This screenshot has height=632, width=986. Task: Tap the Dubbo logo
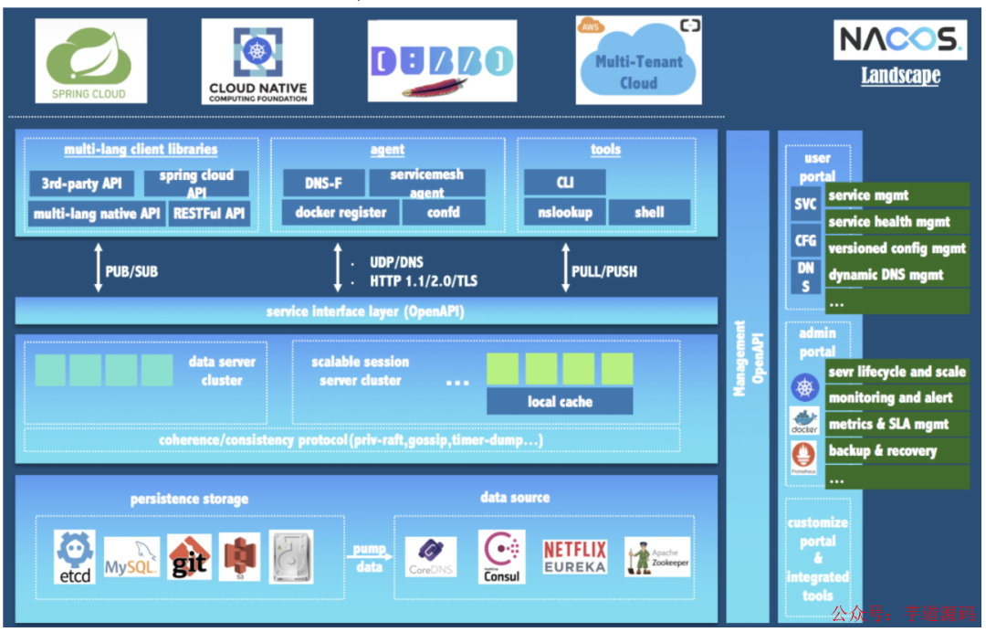[x=442, y=61]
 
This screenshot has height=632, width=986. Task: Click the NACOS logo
[x=899, y=39]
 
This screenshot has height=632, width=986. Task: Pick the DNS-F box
[x=323, y=183]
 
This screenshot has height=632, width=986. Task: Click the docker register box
[x=341, y=213]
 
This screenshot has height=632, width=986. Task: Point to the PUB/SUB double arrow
[x=99, y=269]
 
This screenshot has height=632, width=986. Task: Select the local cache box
[x=560, y=401]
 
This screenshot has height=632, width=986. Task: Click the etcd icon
[x=74, y=556]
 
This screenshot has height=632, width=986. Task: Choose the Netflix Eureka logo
[x=574, y=556]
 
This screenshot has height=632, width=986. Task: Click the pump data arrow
[x=370, y=556]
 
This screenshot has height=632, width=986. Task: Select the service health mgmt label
[x=897, y=221]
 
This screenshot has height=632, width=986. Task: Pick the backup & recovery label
[x=897, y=450]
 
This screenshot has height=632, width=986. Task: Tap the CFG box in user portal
[x=806, y=240]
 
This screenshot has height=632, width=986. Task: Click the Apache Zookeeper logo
[x=657, y=556]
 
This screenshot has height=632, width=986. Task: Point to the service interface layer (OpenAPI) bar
[x=365, y=311]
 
